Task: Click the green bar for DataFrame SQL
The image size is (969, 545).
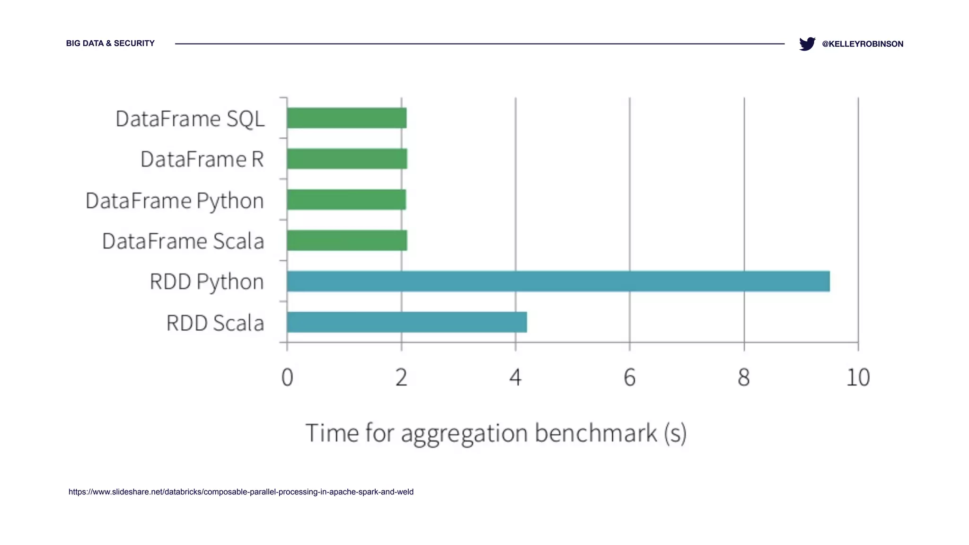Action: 346,118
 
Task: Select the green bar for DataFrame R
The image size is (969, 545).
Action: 347,158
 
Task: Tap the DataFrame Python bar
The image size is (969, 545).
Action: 346,200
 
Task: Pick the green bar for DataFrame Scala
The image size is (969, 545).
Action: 347,240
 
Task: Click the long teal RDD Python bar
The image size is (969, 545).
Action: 558,281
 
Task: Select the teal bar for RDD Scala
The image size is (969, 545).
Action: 407,322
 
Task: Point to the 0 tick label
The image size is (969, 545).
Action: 287,378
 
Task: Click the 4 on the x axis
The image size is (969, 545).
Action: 515,378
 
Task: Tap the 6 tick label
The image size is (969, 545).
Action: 629,378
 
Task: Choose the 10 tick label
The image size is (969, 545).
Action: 858,378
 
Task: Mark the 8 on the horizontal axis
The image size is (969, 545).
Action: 744,378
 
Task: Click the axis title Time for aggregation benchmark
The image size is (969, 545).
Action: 496,433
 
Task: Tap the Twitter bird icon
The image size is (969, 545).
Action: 807,44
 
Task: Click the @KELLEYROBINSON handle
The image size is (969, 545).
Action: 863,44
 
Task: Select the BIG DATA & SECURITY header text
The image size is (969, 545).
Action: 110,44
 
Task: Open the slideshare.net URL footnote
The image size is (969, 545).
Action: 241,492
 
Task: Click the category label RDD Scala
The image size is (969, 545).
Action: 215,323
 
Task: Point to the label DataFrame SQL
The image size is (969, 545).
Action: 190,119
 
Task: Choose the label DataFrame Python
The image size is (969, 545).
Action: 175,201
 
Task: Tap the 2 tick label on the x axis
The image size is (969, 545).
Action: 401,378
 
